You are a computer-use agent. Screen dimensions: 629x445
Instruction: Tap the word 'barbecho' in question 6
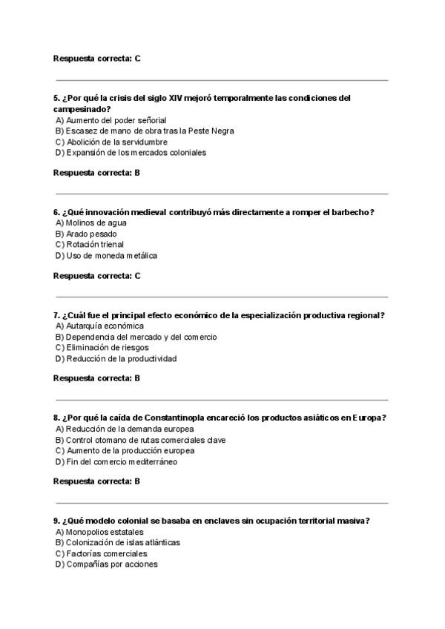[350, 212]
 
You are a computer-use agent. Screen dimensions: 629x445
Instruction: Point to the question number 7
[56, 314]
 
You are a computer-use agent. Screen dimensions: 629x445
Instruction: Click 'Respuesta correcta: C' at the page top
[96, 58]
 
